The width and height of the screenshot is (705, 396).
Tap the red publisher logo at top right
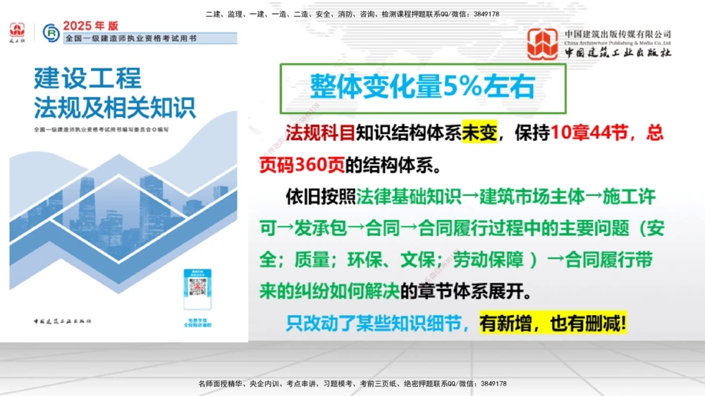tap(543, 43)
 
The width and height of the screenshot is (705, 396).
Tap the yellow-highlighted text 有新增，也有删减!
tap(553, 323)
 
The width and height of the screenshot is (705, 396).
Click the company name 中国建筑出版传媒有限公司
tap(618, 34)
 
